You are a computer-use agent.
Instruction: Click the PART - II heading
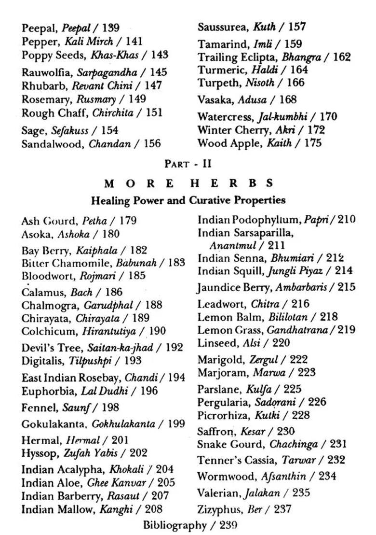click(x=188, y=164)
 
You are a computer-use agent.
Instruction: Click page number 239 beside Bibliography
click(x=228, y=525)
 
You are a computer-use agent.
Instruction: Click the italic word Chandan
click(x=104, y=144)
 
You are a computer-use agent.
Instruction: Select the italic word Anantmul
click(x=233, y=246)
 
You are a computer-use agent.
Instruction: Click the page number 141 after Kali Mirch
click(x=133, y=42)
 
